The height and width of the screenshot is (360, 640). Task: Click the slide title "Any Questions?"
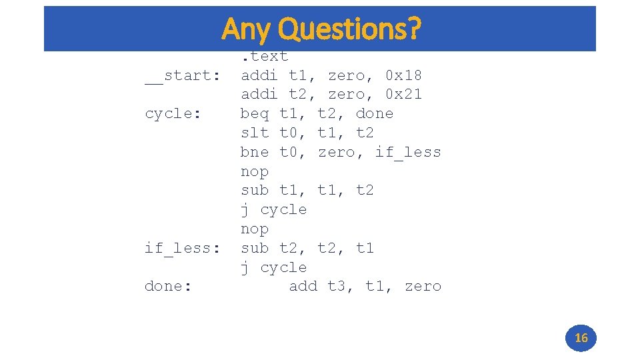pos(321,29)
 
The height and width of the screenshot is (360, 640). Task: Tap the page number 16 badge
pos(581,338)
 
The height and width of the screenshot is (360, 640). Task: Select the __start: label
pos(183,75)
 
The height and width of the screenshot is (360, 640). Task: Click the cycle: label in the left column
pos(173,114)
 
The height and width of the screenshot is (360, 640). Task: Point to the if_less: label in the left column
pos(183,248)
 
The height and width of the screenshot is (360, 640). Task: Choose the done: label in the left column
pos(168,286)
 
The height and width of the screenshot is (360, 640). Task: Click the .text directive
pos(265,57)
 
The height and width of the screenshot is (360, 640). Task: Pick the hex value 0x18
pos(403,75)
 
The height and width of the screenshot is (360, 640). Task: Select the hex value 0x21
pos(403,95)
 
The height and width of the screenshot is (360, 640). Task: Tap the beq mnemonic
pos(255,114)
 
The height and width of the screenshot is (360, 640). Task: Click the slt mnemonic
pos(255,133)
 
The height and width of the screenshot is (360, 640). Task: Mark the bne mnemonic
pos(255,152)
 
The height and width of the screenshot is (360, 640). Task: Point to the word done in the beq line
pos(375,114)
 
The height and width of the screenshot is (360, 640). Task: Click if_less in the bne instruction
pos(408,152)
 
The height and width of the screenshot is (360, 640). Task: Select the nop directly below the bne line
pos(255,171)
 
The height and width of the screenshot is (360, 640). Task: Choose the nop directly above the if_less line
pos(255,229)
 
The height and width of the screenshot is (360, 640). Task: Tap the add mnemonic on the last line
pos(303,286)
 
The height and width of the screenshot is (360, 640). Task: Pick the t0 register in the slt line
pos(291,133)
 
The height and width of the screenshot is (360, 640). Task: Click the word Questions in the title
pos(350,29)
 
